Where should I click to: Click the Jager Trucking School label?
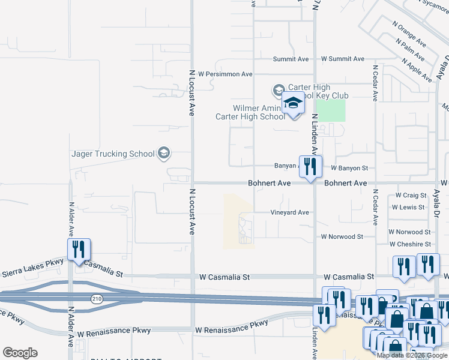click(x=113, y=154)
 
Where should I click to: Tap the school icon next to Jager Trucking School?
click(x=164, y=154)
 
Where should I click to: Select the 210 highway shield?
click(x=96, y=298)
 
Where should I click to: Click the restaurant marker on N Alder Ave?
click(x=79, y=250)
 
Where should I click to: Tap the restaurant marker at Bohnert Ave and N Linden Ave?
click(x=310, y=167)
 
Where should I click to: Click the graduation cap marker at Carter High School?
click(x=294, y=106)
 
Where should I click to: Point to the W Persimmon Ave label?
click(x=225, y=74)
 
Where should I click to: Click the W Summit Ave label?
click(x=343, y=59)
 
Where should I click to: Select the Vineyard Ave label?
click(x=289, y=212)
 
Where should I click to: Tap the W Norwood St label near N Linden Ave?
click(x=342, y=237)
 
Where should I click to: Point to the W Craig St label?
click(x=411, y=196)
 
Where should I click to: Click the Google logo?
click(x=20, y=352)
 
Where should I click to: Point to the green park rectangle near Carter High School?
click(x=331, y=110)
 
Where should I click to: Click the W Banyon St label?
click(x=349, y=169)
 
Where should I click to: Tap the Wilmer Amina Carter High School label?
click(x=251, y=112)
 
